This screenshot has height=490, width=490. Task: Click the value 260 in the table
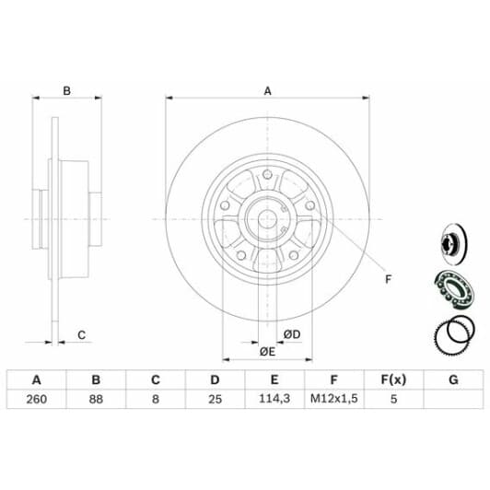37,399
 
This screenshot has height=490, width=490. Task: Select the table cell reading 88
96,399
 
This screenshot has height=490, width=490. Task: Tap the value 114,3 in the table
274,399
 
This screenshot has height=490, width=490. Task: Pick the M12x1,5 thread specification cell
333,399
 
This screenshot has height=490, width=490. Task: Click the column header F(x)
393,379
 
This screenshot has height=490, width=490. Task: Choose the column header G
453,379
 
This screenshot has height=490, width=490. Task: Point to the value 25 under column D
215,399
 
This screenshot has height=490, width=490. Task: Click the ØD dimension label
292,334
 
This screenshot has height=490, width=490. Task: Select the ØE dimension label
267,352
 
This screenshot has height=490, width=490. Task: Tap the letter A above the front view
267,91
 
